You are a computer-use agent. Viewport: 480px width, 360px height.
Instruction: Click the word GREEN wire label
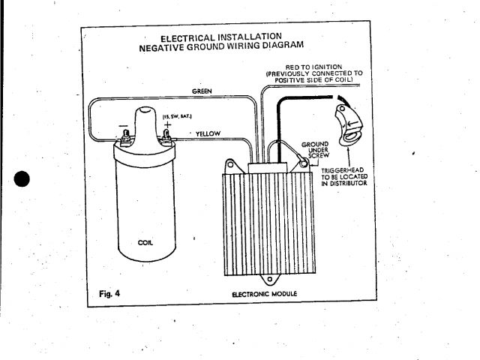tap(202, 91)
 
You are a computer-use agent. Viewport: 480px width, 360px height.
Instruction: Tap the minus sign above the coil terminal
tap(122, 125)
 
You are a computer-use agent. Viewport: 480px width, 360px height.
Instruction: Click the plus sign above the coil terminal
tap(166, 124)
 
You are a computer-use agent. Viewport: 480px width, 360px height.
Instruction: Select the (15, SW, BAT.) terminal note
tap(178, 116)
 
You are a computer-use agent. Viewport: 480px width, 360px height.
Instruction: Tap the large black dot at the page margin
tap(22, 181)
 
